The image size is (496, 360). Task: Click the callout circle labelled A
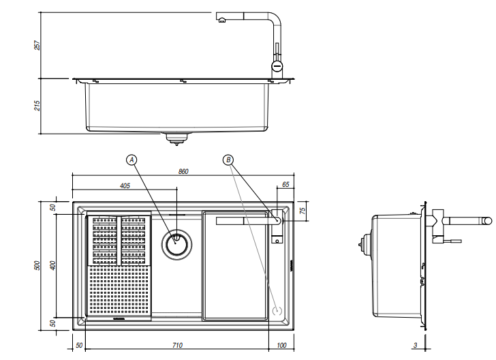click(132, 160)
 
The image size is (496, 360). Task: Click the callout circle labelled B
click(229, 160)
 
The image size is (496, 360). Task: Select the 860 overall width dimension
click(183, 172)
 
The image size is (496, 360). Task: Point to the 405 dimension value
click(125, 185)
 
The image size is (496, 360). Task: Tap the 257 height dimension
click(38, 44)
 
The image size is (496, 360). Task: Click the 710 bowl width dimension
click(177, 346)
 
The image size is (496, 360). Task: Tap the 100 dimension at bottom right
click(281, 346)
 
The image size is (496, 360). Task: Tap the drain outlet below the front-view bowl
click(176, 138)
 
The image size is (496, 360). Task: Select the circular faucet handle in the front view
click(277, 66)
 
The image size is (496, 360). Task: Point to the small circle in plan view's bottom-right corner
click(277, 310)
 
